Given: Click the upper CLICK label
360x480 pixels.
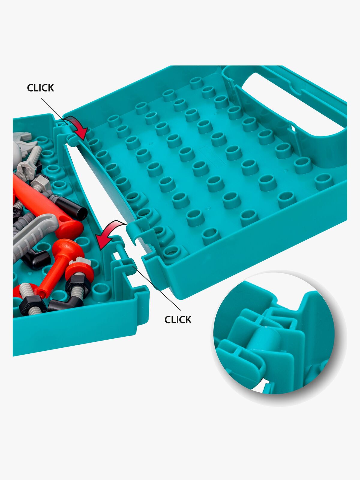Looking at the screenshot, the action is click(x=40, y=88).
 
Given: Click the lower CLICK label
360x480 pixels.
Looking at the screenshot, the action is click(x=178, y=320).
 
